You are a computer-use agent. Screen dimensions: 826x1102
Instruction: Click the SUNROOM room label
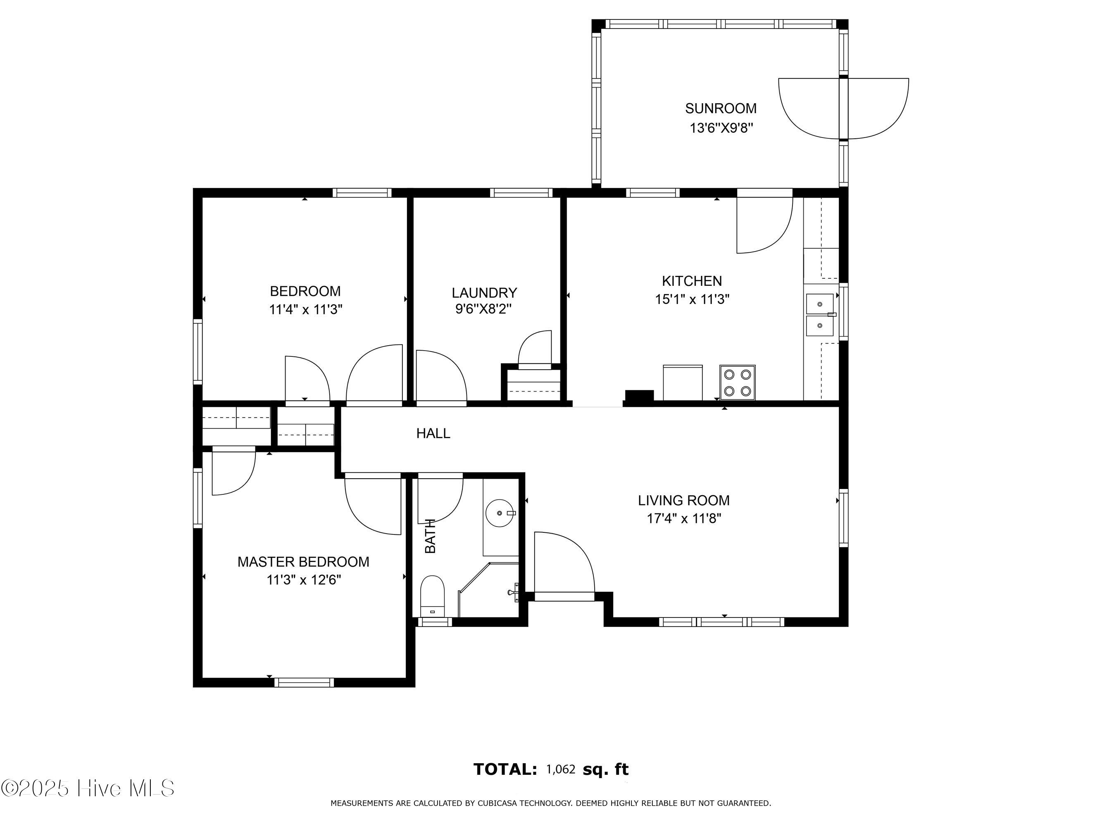pos(720,108)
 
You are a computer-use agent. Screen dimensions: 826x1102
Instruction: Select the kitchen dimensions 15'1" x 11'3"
pos(692,299)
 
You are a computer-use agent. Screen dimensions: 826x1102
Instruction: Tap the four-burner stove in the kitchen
pos(737,382)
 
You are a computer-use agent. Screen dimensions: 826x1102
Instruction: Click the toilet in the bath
pos(432,596)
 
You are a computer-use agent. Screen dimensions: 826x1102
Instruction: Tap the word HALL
pos(433,433)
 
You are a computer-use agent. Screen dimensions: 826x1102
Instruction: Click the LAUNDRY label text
pos(484,292)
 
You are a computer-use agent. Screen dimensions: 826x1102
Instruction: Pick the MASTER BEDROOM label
pos(303,562)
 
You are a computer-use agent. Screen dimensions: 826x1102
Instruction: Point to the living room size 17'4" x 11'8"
pos(683,518)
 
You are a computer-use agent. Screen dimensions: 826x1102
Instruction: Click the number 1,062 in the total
pos(560,769)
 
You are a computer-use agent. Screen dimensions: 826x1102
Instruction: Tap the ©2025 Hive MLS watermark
pos(88,788)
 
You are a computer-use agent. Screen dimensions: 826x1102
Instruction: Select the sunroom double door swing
pos(843,109)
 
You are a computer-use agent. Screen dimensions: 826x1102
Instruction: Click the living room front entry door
pos(564,565)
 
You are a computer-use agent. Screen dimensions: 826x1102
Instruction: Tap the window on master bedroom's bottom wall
pos(304,683)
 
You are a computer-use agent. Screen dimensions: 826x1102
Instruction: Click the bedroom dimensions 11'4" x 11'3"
pos(305,310)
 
